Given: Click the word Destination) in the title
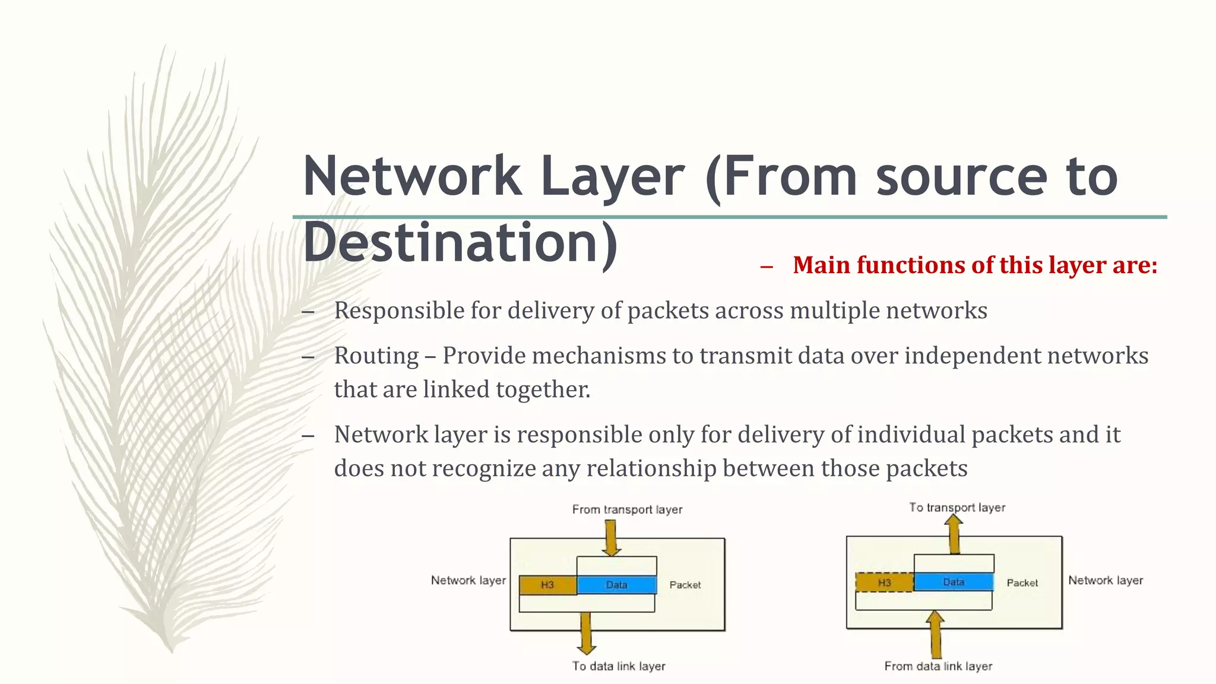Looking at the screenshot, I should (x=461, y=242).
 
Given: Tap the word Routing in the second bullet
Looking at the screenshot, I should (x=376, y=356).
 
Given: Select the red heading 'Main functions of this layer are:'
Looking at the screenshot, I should (x=974, y=265).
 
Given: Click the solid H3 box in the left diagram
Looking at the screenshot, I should (x=547, y=585).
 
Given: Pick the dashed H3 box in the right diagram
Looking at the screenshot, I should (x=884, y=582).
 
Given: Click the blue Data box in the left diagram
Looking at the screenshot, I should (x=616, y=585).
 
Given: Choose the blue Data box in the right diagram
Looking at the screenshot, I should (x=954, y=582).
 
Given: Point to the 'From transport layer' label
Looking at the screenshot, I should (x=627, y=509).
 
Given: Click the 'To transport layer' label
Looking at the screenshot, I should (x=957, y=508).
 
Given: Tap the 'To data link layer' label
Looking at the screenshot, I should (x=619, y=666).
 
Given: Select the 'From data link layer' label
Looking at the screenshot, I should (x=938, y=666).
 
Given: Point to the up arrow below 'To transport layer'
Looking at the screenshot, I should (x=954, y=534).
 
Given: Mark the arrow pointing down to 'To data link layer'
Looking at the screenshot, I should (x=586, y=633).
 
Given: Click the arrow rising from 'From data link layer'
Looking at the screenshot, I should (x=935, y=634).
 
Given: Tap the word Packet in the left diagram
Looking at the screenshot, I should (x=685, y=585).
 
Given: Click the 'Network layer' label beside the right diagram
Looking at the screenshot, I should (x=1106, y=581).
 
